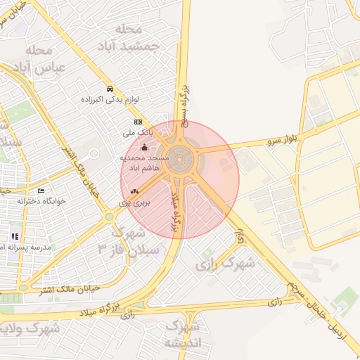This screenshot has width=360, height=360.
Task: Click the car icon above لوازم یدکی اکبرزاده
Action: coord(110,89)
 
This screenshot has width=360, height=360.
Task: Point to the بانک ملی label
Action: coord(138,132)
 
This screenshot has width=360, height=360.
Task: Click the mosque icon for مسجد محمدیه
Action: coord(145,148)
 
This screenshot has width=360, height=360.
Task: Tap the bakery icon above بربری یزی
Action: coord(134,192)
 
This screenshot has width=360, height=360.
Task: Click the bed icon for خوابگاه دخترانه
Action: coord(41,191)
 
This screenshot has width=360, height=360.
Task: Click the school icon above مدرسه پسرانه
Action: coord(14,236)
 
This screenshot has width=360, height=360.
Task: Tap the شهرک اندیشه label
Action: coord(182,335)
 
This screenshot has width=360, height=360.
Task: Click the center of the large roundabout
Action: coord(181,161)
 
